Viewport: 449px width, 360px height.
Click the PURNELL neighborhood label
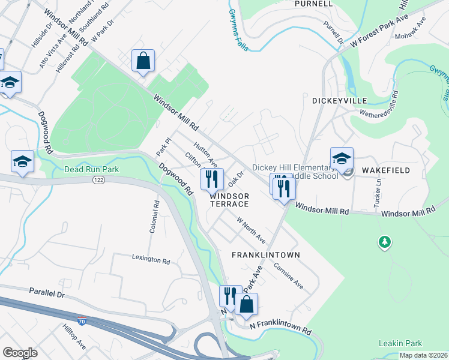click(x=313, y=4)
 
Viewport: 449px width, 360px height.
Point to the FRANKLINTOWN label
click(x=266, y=255)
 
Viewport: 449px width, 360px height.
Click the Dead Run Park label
click(x=92, y=169)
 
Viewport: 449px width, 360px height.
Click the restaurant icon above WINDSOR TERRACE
click(x=211, y=178)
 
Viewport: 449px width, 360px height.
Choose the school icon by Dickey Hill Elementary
click(x=342, y=158)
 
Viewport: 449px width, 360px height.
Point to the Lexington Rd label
click(x=151, y=259)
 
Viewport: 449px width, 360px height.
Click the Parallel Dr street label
click(x=46, y=292)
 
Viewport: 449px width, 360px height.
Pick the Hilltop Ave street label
click(x=74, y=337)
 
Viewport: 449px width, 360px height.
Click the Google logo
click(x=20, y=352)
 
